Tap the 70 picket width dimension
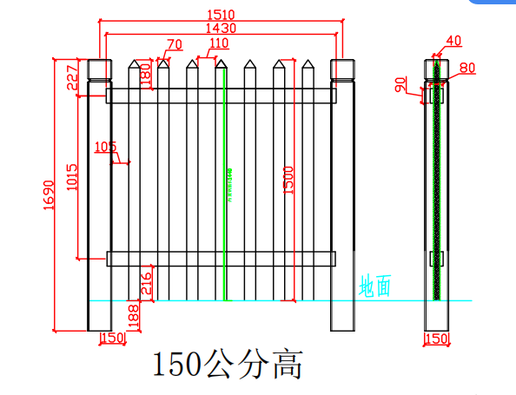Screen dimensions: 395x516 tap(174, 44)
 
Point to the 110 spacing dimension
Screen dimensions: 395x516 tap(218, 43)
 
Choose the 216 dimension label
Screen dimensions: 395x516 tap(145, 283)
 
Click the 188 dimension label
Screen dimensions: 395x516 tap(133, 315)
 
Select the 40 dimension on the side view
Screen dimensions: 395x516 tap(453, 40)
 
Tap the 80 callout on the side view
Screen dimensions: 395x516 tap(466, 67)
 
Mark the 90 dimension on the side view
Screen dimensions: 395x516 tap(400, 85)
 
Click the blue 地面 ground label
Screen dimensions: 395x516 tap(376, 286)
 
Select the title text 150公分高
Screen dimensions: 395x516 tap(228, 365)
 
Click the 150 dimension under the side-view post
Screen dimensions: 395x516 tap(436, 338)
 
